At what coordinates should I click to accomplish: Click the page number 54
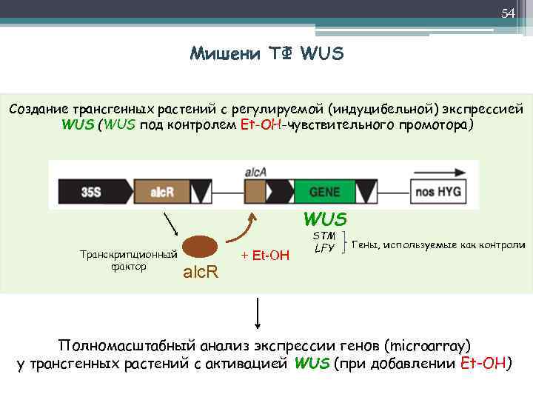[507, 13]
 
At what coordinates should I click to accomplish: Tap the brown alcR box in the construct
[162, 192]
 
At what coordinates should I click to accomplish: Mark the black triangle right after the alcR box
[201, 192]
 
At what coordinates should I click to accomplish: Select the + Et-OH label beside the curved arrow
[266, 256]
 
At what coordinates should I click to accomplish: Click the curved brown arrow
[241, 230]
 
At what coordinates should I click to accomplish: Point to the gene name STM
[325, 236]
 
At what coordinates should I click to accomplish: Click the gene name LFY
[325, 248]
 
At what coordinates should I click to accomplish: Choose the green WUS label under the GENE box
[324, 219]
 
